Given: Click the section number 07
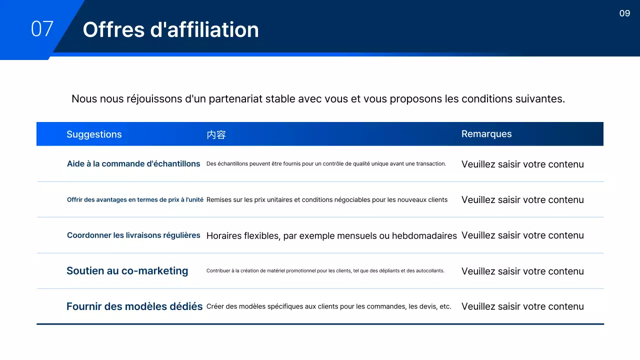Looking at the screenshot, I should click(x=42, y=29).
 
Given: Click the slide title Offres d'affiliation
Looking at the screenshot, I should click(x=170, y=29).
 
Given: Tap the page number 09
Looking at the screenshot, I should click(x=624, y=13).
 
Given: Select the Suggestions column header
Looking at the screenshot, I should click(x=94, y=134).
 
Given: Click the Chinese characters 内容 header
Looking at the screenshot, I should click(x=216, y=134).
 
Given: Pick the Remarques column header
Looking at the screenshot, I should click(x=486, y=133).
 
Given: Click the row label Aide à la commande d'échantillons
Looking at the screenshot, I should click(x=133, y=163).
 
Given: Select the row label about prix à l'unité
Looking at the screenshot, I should click(x=135, y=199).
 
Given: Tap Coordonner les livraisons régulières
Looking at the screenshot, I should click(x=133, y=235).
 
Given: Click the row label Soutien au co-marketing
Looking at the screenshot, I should click(x=127, y=270).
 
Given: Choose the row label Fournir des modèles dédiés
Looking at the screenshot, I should click(x=134, y=306).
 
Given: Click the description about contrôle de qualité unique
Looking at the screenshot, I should click(x=326, y=163).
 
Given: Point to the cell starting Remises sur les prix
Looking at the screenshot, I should click(x=326, y=199).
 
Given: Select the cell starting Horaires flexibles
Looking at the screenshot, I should click(x=331, y=235).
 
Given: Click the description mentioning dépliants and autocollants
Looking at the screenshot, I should click(x=325, y=271).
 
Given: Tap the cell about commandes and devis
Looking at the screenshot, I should click(x=328, y=306).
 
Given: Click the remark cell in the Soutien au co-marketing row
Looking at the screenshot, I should click(x=522, y=271).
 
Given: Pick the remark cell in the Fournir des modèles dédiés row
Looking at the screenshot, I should click(x=522, y=306).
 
